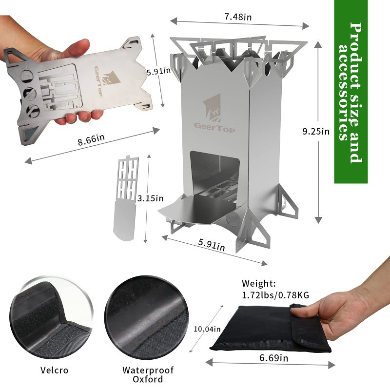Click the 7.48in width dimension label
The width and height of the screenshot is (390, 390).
(238, 17)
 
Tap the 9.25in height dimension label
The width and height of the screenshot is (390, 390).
(316, 131)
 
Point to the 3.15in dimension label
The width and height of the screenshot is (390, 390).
(151, 198)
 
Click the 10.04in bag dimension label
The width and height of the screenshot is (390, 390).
(207, 329)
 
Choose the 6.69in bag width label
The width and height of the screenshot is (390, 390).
(274, 358)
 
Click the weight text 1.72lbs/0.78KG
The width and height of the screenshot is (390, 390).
(275, 295)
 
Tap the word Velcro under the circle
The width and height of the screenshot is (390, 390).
(54, 370)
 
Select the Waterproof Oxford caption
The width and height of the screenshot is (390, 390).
(148, 374)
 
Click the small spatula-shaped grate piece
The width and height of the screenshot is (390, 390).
(126, 198)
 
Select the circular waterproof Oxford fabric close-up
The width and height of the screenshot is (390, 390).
(147, 317)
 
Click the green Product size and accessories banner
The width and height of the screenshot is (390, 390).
(351, 92)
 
